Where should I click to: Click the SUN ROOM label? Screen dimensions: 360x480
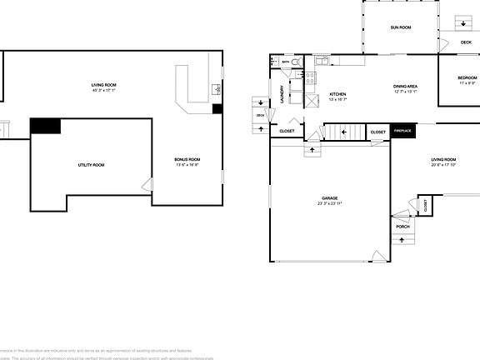pos(401,27)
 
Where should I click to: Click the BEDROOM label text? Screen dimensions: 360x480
pos(467,77)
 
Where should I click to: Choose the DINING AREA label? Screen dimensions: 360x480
pos(405,86)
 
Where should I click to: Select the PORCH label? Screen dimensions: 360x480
pos(402,227)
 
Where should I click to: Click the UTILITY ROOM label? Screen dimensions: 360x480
pos(91,165)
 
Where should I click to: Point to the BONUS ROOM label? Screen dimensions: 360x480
pos(187,159)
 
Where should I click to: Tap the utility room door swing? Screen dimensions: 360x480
pos(147,184)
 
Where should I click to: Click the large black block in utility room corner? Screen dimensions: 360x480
pos(45,126)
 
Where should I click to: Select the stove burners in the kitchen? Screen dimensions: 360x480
pos(310,79)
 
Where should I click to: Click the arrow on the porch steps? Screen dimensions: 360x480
pos(402,241)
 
